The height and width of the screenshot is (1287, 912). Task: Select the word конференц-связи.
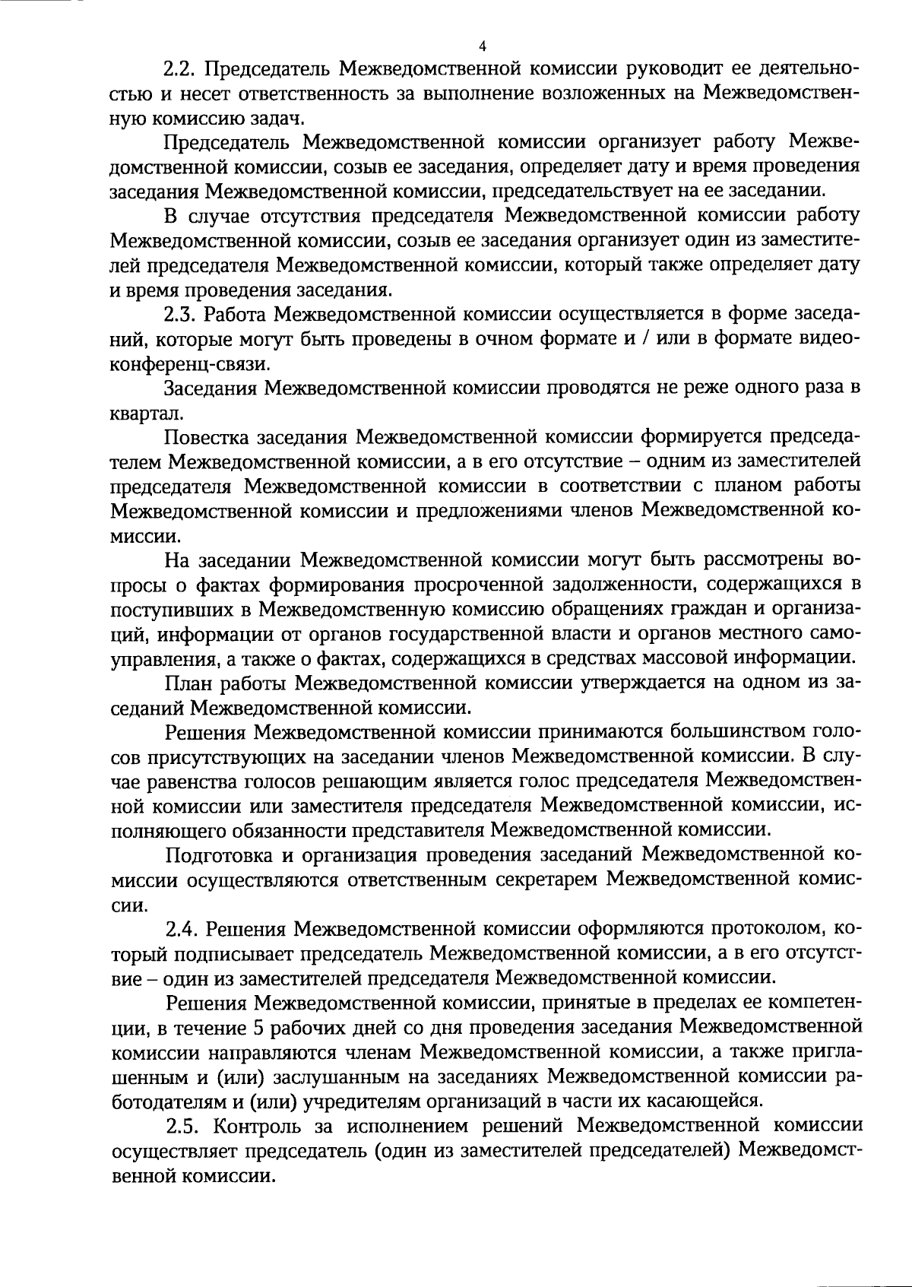pyautogui.click(x=187, y=363)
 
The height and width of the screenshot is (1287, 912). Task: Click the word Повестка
pyautogui.click(x=205, y=437)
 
